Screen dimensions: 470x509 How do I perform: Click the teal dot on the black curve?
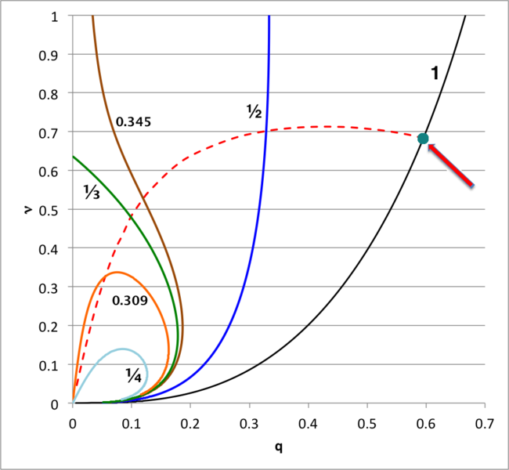coord(424,139)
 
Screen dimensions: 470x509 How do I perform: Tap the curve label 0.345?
coord(133,122)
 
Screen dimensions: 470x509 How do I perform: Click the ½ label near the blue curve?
coord(253,112)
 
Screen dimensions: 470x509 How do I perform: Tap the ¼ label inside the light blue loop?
coord(134,374)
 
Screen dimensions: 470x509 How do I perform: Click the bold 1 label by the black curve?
coord(434,74)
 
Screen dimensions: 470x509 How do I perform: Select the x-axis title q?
coord(278,448)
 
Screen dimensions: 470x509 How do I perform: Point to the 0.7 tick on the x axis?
coord(485,423)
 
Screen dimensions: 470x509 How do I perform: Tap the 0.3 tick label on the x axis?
coord(249,423)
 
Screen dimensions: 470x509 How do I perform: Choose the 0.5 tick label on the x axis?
coord(366,423)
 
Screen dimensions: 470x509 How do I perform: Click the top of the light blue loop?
coord(123,349)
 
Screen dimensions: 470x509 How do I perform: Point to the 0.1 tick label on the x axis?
coord(132,423)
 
